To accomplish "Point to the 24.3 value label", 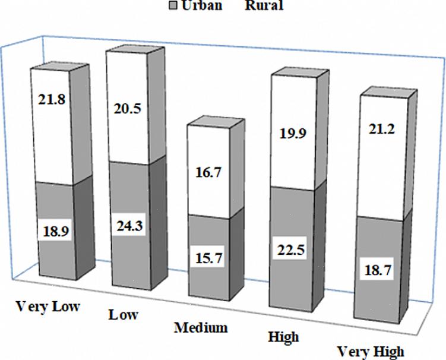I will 131,227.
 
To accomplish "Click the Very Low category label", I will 48,307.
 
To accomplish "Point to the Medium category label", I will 201,327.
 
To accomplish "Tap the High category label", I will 283,337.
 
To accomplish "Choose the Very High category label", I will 370,351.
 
